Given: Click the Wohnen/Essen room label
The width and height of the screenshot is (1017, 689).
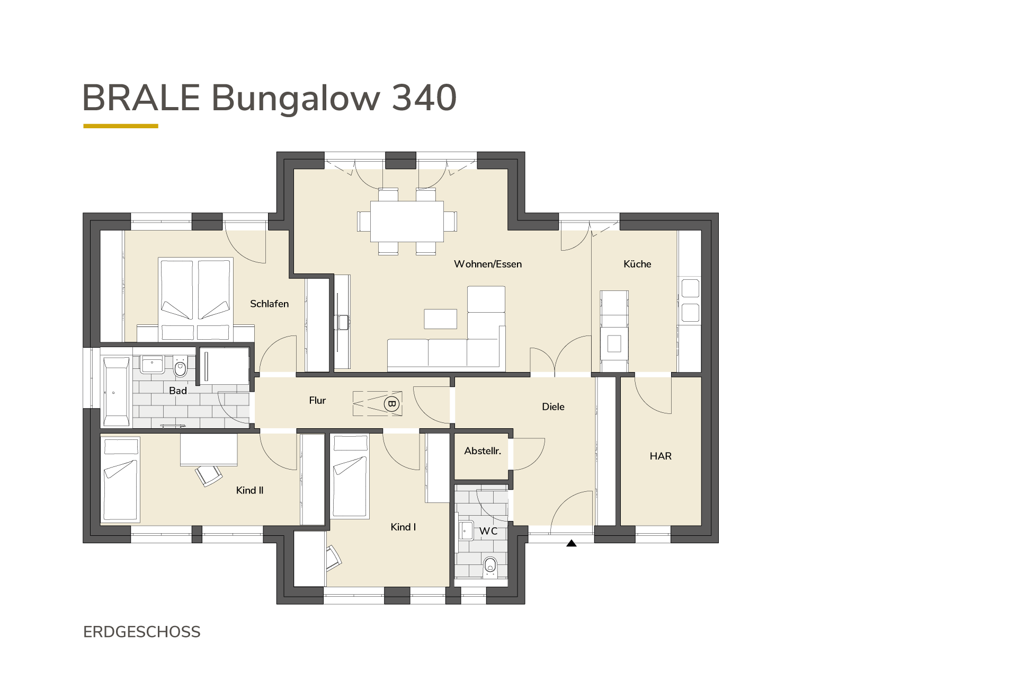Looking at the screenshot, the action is (487, 264).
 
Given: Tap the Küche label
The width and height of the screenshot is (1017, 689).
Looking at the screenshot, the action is (637, 264).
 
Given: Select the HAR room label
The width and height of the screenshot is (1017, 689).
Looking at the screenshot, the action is (661, 456).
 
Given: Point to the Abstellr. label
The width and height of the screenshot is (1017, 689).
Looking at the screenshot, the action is (483, 451).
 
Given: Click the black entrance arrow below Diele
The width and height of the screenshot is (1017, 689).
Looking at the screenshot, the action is (571, 543).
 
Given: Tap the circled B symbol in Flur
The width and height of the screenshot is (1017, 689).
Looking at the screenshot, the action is (392, 404).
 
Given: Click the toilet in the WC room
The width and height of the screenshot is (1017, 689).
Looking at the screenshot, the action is (490, 566).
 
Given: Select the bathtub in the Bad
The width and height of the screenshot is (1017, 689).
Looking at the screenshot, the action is (116, 392).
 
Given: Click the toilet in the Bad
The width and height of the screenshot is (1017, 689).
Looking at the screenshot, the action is (180, 367).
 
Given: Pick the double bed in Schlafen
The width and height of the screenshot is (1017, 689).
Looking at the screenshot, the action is (196, 299).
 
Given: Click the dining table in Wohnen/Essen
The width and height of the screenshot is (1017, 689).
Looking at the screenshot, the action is (407, 221).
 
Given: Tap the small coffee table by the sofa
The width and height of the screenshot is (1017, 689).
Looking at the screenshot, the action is (440, 319).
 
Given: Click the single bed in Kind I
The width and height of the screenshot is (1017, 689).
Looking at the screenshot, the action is (350, 475).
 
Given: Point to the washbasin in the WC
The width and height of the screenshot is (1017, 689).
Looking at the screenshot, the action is (466, 530).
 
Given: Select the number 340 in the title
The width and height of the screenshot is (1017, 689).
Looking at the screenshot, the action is (424, 98).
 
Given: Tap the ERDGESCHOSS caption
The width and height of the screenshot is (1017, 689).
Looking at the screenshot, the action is (142, 632).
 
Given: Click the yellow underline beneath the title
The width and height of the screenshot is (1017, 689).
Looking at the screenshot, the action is (121, 126).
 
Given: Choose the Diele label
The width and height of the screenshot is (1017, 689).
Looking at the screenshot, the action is (553, 407).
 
